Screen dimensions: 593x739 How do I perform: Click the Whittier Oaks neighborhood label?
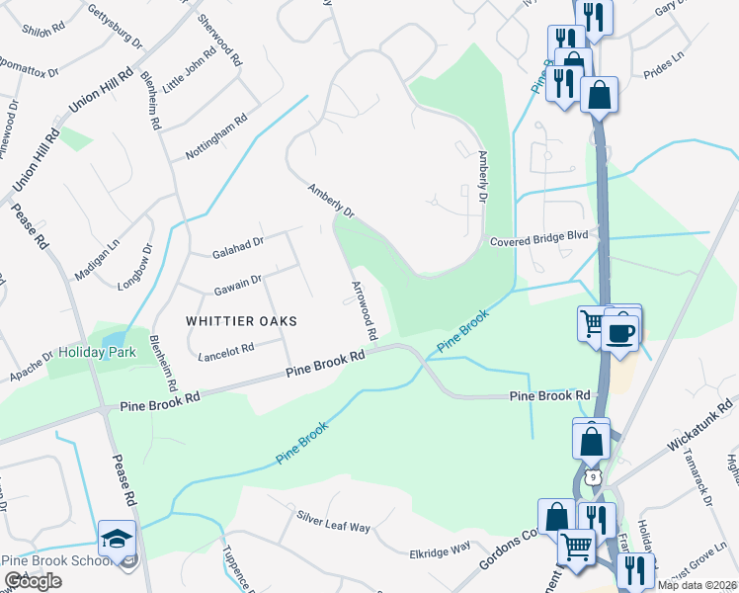tap(241, 321)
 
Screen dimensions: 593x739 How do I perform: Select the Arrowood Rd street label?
tap(363, 310)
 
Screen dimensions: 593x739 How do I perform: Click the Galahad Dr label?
tap(237, 247)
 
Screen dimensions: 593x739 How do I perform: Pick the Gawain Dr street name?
tap(236, 285)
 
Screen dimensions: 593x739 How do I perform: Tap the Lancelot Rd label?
tap(226, 349)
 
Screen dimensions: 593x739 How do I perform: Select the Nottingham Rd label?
tap(215, 136)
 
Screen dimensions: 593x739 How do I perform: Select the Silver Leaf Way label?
tap(333, 521)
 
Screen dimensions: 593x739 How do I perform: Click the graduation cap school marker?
tap(116, 541)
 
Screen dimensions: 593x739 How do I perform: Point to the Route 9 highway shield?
tap(591, 478)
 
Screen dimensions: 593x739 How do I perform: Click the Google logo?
tap(33, 581)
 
